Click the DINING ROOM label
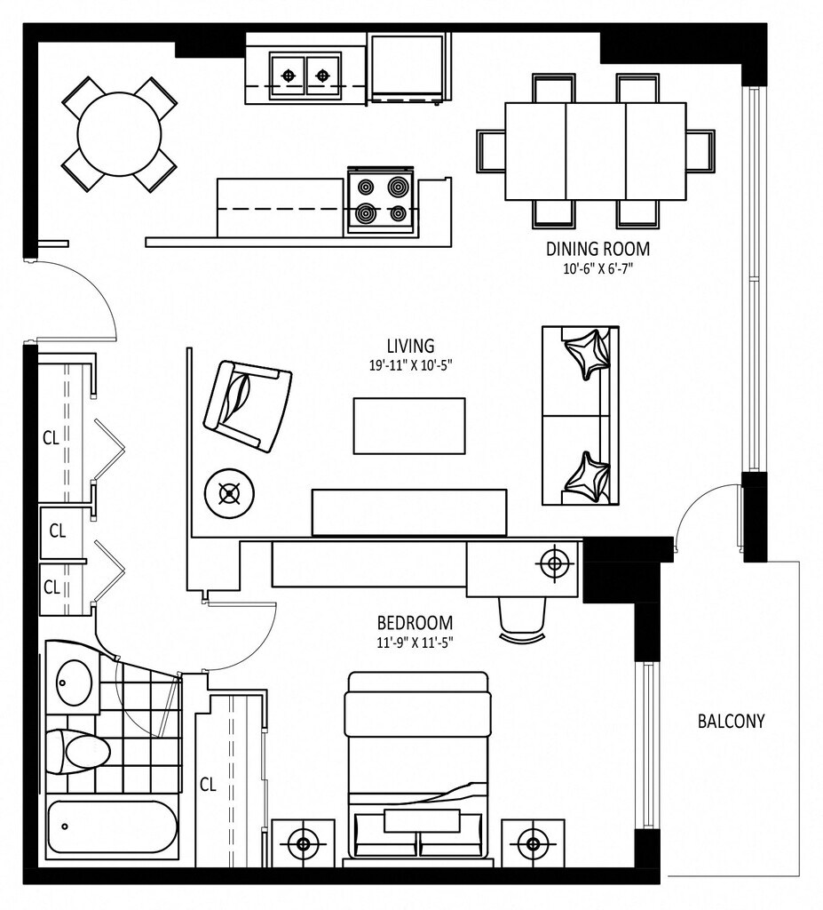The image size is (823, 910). point(597,249)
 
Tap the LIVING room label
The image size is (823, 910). point(411,346)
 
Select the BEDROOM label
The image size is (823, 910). point(415,623)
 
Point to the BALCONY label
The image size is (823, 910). point(731,721)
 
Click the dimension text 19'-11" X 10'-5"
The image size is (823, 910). point(411,365)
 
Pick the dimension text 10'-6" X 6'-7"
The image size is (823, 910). point(597,269)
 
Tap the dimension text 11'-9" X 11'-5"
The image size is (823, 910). point(415,643)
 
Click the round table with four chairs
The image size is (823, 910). point(119,134)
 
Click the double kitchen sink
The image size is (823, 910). point(305,75)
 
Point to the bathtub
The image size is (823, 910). point(111,826)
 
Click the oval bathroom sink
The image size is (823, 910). point(75,682)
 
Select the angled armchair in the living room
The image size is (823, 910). point(248,406)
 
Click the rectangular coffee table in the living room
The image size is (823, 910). point(409,426)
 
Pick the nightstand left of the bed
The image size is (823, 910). point(303,843)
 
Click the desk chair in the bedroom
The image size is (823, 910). point(522,619)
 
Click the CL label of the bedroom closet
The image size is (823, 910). point(209,785)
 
